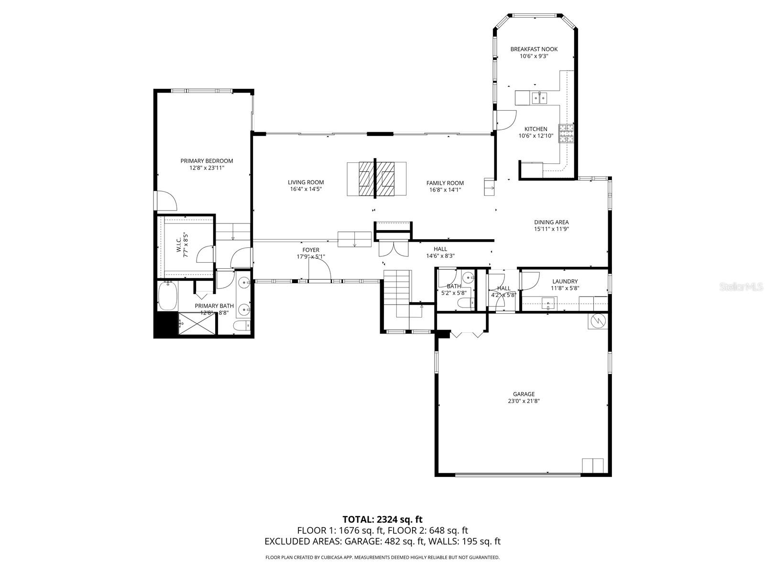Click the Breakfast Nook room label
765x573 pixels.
[x=534, y=49]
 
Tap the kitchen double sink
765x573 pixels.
[x=539, y=99]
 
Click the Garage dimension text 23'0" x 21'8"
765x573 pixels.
[x=524, y=401]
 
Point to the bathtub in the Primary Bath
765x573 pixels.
[x=167, y=297]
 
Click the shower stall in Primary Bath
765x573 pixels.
[x=197, y=323]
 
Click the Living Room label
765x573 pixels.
[x=306, y=182]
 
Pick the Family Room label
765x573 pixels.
[x=445, y=183]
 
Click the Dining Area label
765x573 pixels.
[x=551, y=222]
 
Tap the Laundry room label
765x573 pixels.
[x=565, y=282]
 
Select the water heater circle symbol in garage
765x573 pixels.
[x=598, y=321]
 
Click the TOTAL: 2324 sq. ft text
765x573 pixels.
[x=382, y=520]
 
